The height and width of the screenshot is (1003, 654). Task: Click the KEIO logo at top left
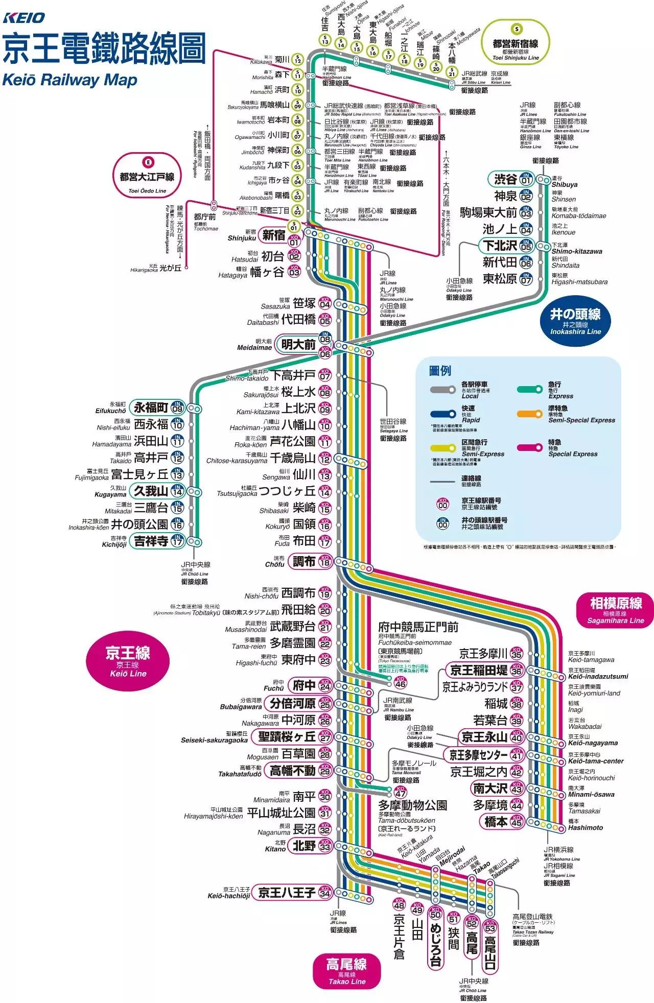(24, 18)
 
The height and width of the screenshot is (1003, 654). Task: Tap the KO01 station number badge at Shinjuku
(294, 241)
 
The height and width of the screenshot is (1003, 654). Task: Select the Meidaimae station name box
(298, 345)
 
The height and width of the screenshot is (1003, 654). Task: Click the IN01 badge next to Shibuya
(526, 179)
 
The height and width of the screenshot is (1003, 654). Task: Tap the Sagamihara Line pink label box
(616, 610)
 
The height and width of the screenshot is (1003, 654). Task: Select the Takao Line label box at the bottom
(346, 971)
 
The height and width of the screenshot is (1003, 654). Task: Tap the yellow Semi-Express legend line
(443, 448)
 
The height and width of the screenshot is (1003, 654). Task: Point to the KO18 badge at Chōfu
(325, 562)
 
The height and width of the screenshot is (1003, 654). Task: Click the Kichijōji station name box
(151, 541)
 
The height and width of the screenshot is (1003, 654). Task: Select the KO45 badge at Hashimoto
(517, 822)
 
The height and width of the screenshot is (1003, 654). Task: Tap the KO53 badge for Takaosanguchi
(490, 926)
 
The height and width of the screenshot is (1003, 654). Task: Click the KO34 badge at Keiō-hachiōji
(325, 893)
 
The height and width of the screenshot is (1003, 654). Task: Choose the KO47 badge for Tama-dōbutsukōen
(401, 792)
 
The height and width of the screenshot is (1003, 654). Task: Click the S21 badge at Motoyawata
(452, 73)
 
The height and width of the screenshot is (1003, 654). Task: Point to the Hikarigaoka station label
(170, 268)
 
